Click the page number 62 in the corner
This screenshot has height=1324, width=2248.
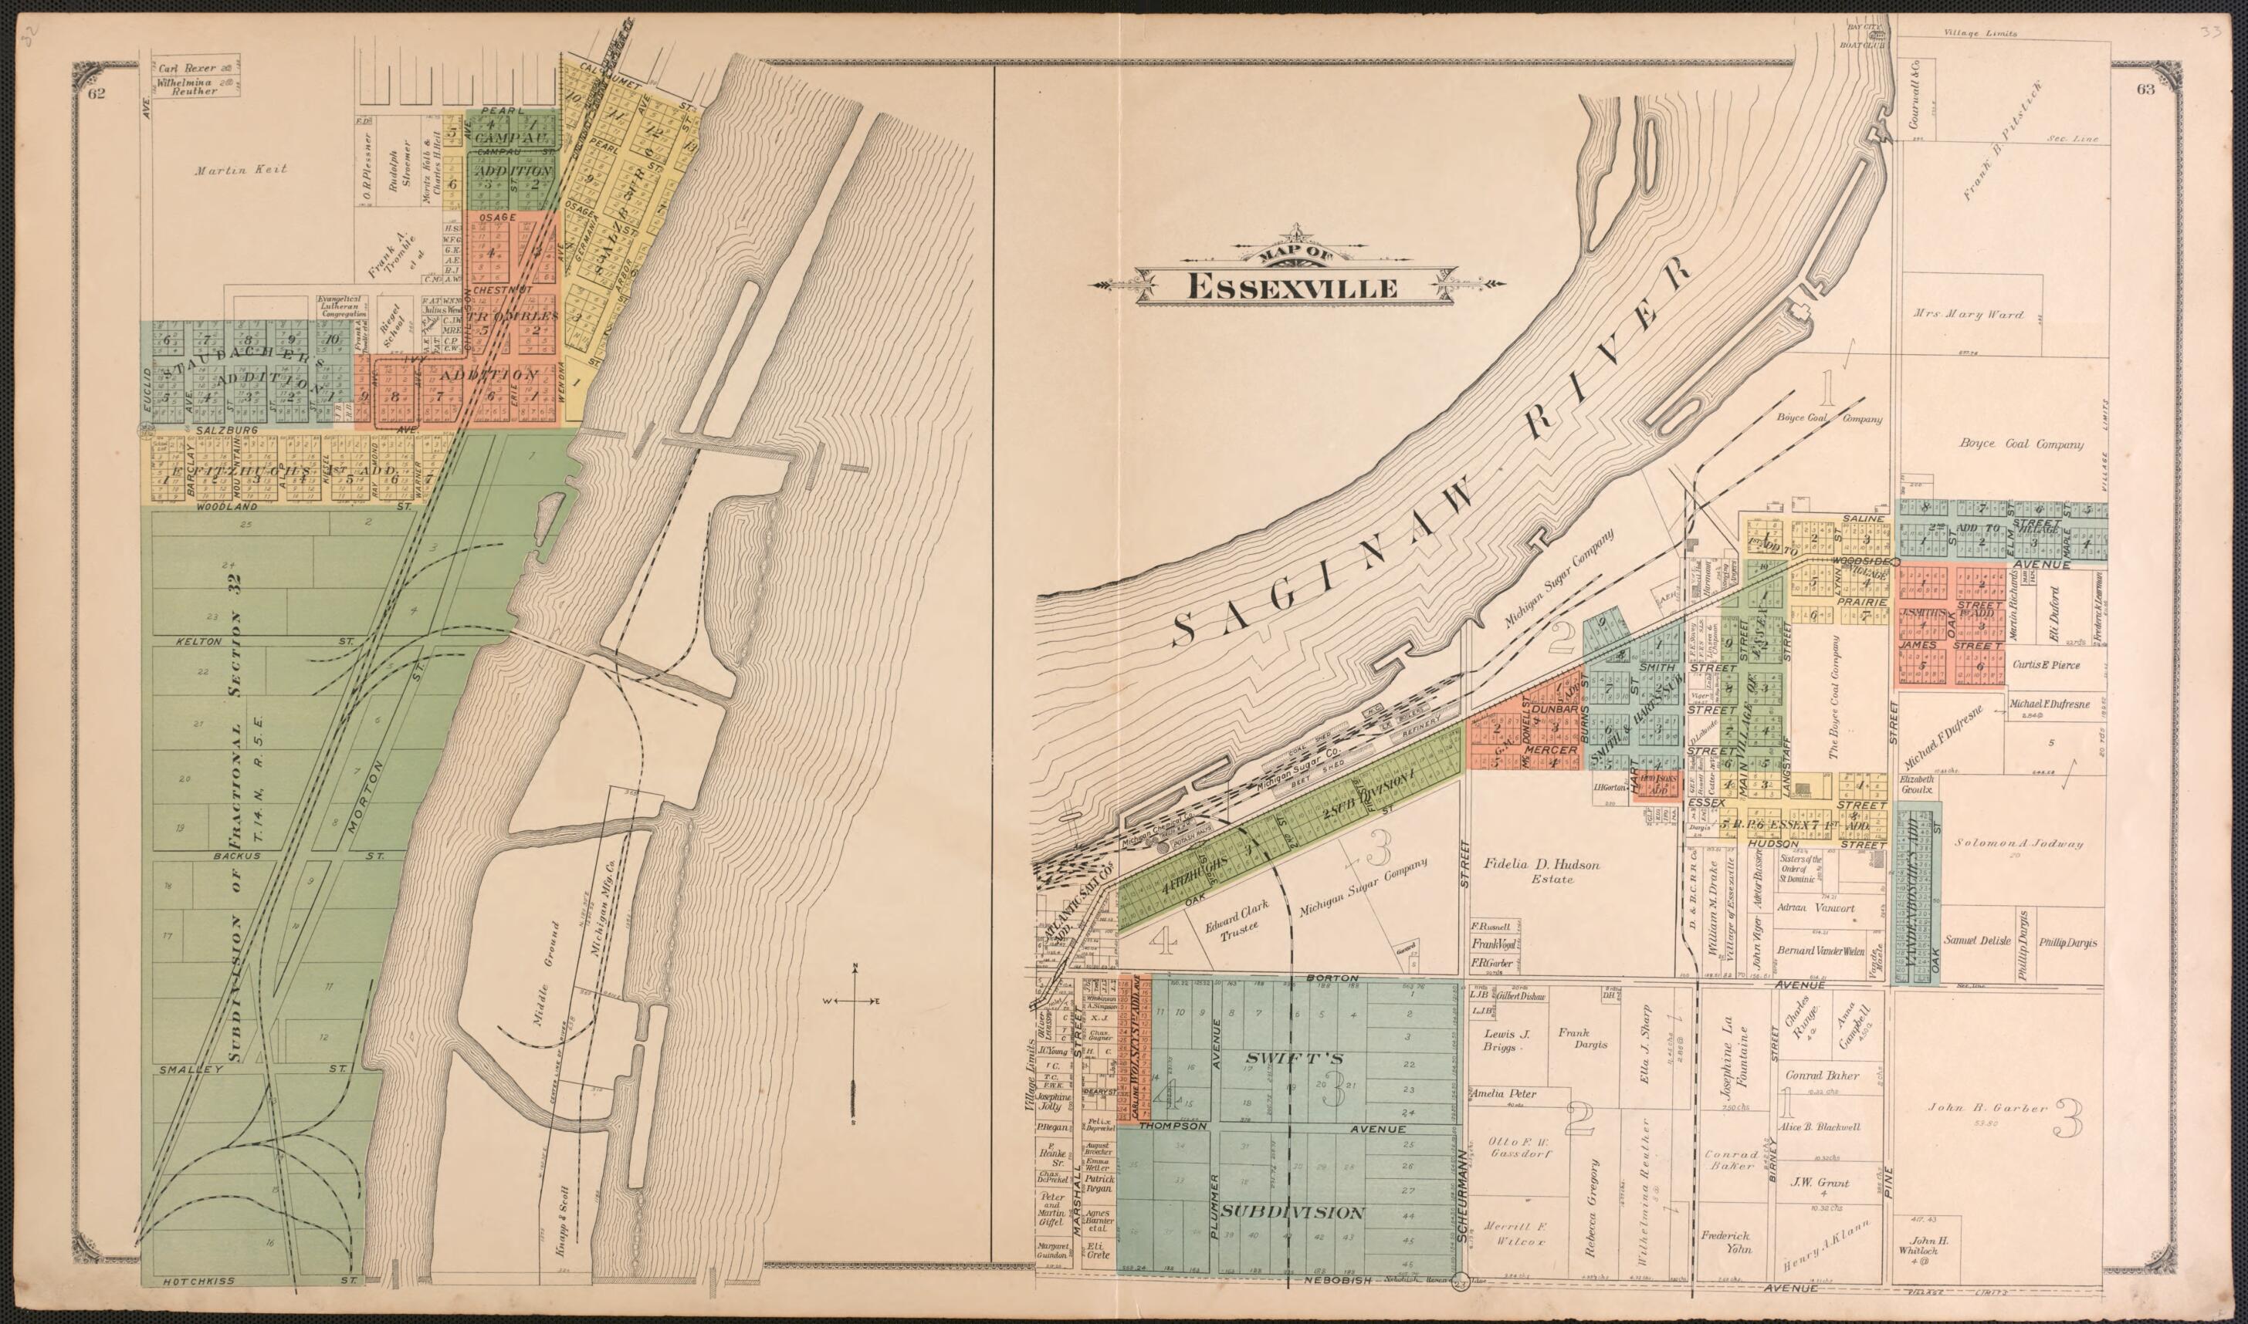pyautogui.click(x=96, y=90)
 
